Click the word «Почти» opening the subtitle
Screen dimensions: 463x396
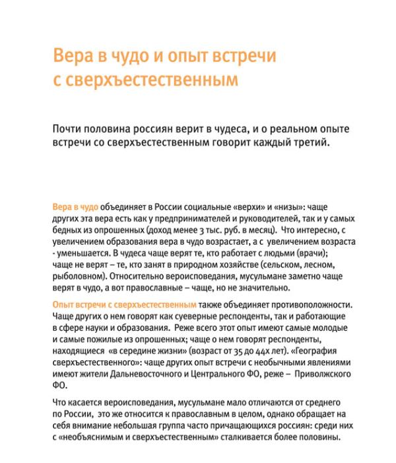[69, 128]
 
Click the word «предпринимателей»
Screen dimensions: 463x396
[194, 218]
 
